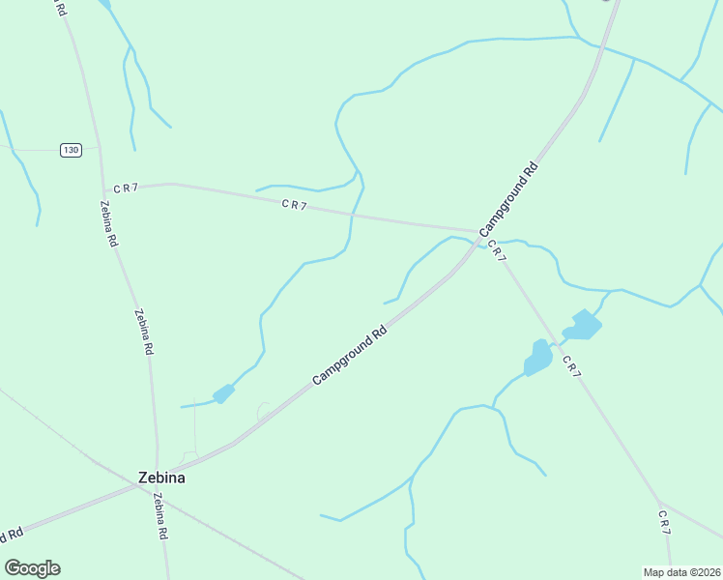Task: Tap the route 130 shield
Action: click(70, 150)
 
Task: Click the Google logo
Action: click(32, 568)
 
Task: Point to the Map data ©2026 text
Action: click(681, 572)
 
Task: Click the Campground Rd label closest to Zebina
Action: click(350, 355)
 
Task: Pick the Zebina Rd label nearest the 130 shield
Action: click(108, 223)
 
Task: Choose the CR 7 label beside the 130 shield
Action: click(126, 188)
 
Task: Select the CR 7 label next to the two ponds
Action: click(571, 366)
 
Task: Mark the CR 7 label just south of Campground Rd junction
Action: click(496, 249)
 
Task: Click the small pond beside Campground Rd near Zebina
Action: click(223, 393)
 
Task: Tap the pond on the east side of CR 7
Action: click(583, 325)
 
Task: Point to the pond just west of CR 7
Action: click(537, 358)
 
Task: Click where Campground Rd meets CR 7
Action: click(478, 232)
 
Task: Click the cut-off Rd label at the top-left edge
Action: click(61, 8)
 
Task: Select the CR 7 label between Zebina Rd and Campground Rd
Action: click(294, 205)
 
